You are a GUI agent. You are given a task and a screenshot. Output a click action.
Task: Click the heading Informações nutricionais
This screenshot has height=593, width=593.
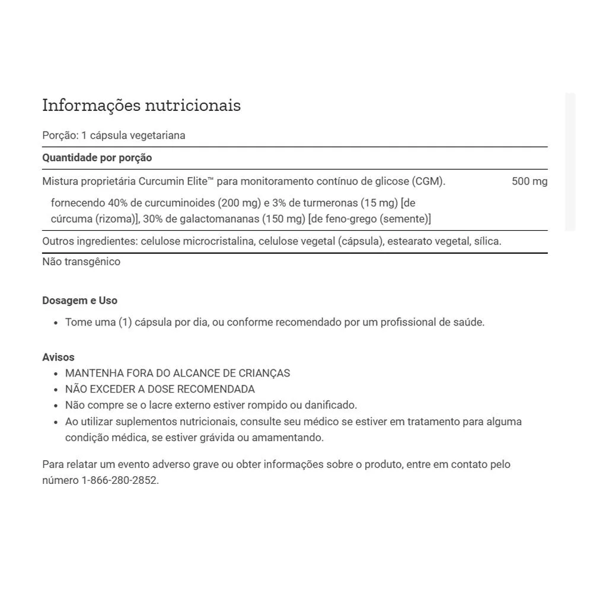pos(141,106)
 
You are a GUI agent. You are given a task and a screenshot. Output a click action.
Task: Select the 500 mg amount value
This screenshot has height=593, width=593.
pos(530,181)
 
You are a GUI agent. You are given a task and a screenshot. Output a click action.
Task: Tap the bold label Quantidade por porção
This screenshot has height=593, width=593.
pos(97,158)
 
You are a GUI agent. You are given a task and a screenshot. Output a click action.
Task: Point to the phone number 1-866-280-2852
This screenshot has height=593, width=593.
pos(119,480)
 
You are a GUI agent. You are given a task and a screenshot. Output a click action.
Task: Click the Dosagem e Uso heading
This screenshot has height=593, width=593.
pos(79,301)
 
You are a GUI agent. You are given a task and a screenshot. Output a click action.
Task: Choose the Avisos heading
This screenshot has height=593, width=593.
pos(58,357)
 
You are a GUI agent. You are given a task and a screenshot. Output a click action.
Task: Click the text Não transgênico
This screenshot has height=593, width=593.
pos(81,262)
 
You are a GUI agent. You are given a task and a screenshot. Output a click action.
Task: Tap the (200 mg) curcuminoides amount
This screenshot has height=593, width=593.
pos(239,203)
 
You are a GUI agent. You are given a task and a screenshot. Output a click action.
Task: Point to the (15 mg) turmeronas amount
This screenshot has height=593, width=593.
pos(379,203)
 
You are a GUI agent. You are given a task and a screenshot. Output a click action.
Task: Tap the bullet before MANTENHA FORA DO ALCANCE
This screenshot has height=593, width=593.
pos(56,374)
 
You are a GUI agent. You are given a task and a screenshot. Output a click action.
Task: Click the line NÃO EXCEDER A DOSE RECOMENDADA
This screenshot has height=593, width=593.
pos(160,389)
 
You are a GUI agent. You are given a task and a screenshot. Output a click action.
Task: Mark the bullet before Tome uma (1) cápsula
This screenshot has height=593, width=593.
pos(56,323)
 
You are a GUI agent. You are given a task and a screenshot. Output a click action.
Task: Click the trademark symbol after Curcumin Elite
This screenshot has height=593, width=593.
pos(211,179)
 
